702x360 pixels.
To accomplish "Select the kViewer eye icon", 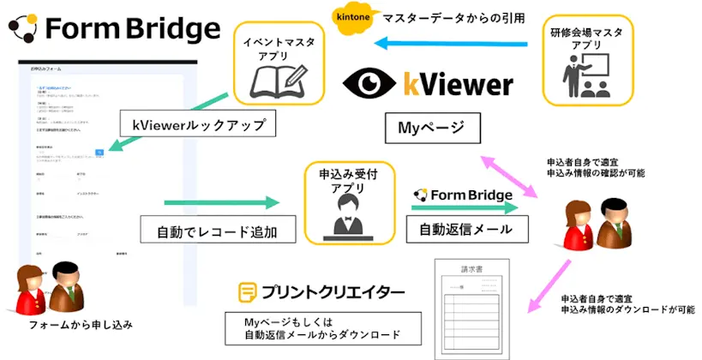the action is point(369,84).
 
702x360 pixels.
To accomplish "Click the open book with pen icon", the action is point(275,79).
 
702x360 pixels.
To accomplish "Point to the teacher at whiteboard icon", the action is point(587,79).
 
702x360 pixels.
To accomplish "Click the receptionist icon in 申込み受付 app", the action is point(348,215).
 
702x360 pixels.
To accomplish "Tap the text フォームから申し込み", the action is point(81,325).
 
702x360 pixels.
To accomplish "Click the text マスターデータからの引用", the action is point(452,16).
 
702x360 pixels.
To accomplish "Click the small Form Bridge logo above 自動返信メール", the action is point(463,195).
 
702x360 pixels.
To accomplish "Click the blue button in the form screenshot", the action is point(100,150).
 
